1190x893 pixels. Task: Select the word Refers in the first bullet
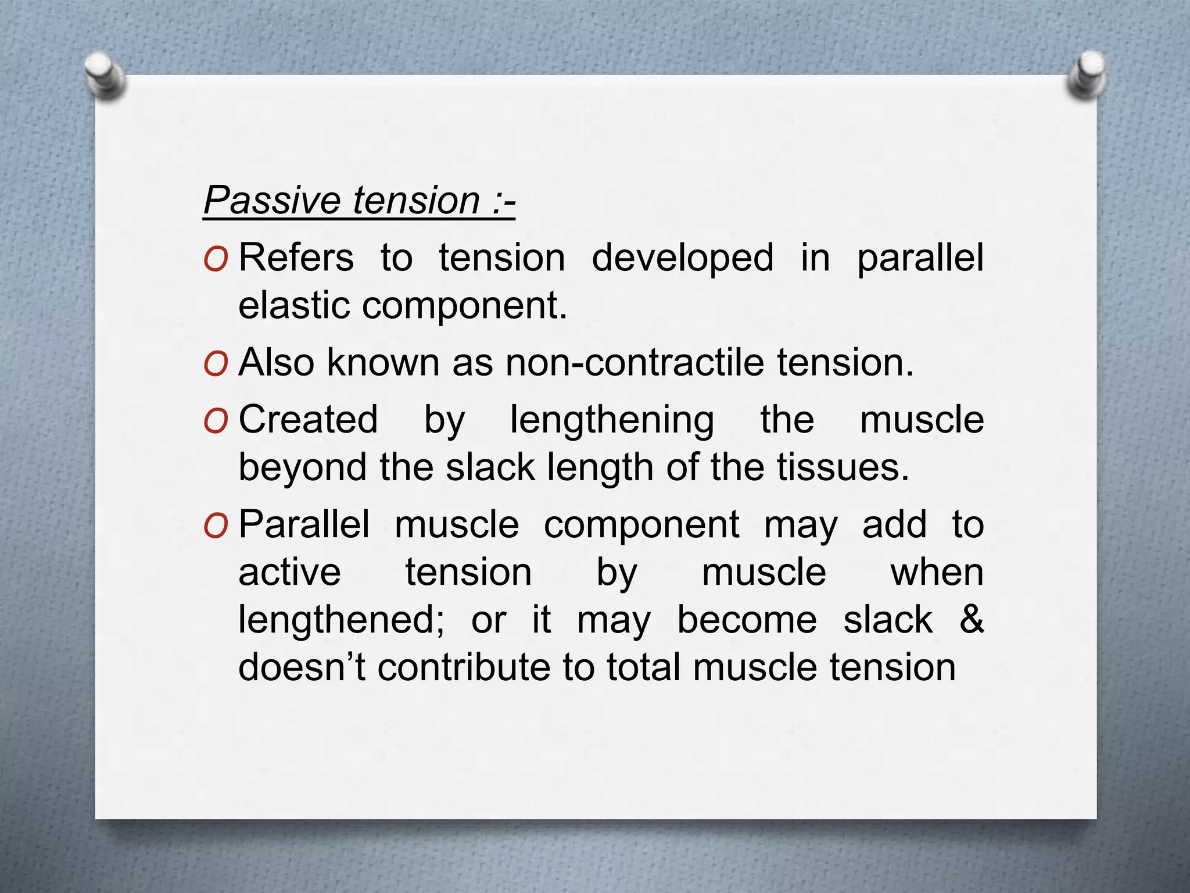[x=296, y=258]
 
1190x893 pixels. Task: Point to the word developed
[x=682, y=258]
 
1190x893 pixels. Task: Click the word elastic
[x=294, y=305]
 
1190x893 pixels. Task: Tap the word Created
[x=308, y=420]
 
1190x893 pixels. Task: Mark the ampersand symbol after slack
[x=971, y=620]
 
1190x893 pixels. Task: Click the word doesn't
[x=302, y=667]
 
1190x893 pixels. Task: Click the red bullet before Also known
[x=216, y=364]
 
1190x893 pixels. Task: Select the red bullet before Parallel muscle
[x=216, y=527]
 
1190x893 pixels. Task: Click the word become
[x=747, y=620]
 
